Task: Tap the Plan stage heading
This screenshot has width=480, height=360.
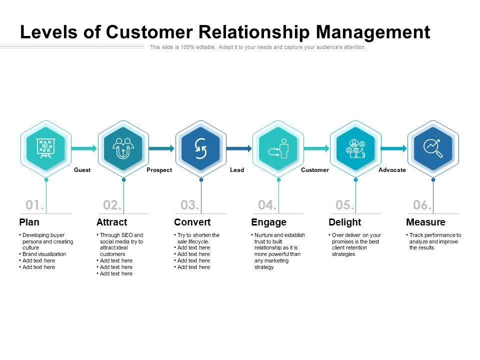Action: click(x=29, y=222)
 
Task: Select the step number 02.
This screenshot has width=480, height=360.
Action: click(x=112, y=205)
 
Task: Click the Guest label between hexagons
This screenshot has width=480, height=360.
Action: click(x=82, y=170)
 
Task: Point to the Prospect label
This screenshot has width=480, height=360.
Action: click(x=159, y=170)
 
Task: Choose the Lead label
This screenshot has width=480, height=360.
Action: click(x=237, y=170)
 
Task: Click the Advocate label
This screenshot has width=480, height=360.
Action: click(x=392, y=170)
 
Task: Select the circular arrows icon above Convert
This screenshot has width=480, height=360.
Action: click(x=201, y=148)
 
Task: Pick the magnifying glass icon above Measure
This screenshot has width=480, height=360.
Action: click(x=433, y=148)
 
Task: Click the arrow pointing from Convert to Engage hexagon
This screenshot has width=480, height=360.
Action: click(x=239, y=148)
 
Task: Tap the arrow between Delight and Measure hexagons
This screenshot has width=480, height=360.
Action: click(x=394, y=148)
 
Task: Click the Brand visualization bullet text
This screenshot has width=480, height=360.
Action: click(x=44, y=254)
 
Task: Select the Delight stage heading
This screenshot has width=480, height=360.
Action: click(x=345, y=222)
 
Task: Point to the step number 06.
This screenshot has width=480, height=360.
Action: click(x=422, y=205)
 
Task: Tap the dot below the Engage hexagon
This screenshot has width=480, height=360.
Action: click(x=278, y=180)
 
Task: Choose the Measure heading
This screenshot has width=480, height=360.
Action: click(x=426, y=222)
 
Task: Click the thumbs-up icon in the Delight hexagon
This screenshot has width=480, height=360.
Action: click(x=361, y=153)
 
